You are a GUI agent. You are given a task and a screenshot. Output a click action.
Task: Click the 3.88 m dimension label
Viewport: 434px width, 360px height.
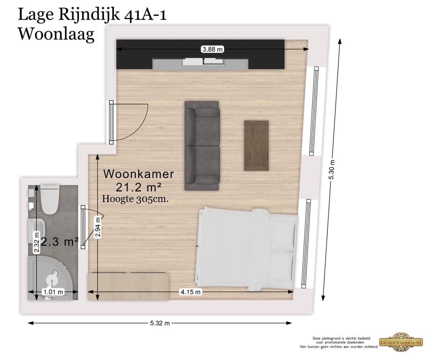[x=213, y=49]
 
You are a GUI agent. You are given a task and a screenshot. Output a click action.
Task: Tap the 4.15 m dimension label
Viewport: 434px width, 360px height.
[x=190, y=292]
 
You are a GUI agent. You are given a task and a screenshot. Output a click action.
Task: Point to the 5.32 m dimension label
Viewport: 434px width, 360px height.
[x=160, y=323]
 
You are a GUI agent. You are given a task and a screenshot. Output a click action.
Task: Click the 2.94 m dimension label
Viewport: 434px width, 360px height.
[x=97, y=227]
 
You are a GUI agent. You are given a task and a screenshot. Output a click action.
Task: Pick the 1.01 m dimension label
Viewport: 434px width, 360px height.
[x=53, y=292]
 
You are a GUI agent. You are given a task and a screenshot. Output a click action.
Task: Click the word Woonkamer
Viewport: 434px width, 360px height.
[x=139, y=174]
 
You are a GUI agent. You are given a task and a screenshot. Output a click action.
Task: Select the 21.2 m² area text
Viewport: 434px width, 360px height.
[x=139, y=187]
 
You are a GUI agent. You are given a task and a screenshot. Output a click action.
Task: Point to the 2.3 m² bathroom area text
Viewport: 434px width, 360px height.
[x=59, y=242]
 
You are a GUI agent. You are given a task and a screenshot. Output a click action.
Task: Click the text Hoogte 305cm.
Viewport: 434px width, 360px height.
[x=135, y=198]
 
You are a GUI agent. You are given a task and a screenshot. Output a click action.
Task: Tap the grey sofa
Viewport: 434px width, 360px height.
[x=202, y=146]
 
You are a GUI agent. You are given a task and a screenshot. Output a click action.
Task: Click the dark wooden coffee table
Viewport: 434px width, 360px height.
[x=256, y=146]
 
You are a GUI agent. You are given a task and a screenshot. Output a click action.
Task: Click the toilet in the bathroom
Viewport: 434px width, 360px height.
[x=50, y=199]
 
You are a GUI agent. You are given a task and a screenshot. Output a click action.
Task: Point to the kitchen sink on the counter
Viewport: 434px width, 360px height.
[x=203, y=62]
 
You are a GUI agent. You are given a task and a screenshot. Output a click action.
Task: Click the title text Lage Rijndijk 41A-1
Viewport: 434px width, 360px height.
[x=92, y=15]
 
